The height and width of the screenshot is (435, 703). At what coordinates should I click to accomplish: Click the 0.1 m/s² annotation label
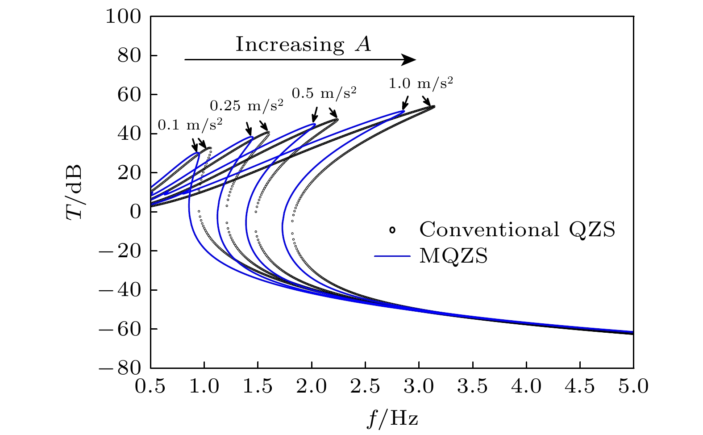[190, 125]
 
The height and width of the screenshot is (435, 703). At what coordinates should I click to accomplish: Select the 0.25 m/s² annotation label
[246, 105]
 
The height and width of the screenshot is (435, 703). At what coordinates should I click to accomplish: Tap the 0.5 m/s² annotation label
[324, 93]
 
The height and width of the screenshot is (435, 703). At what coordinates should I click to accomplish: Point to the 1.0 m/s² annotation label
[421, 83]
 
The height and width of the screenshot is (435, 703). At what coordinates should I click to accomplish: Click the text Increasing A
[303, 44]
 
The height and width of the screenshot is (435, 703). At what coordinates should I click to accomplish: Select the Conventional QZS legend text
[517, 230]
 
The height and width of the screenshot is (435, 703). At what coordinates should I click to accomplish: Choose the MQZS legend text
[453, 256]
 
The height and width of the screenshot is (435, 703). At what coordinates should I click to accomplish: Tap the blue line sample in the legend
[392, 256]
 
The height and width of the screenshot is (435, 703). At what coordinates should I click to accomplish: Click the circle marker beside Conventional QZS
[392, 230]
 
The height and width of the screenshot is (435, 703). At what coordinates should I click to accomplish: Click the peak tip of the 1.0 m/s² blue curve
[403, 111]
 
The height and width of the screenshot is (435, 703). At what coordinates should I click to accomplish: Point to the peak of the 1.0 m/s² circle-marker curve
[433, 106]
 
